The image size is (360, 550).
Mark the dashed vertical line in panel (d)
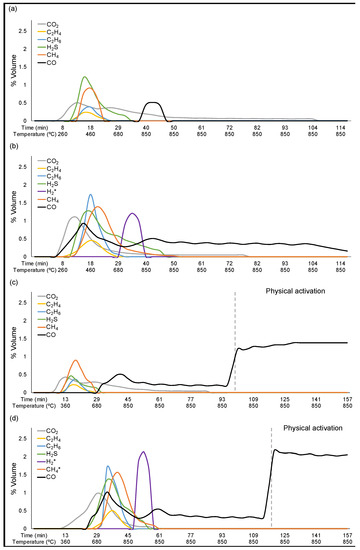click(271, 470)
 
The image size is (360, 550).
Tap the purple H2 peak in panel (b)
click(132, 214)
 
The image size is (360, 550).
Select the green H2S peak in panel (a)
click(86, 77)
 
